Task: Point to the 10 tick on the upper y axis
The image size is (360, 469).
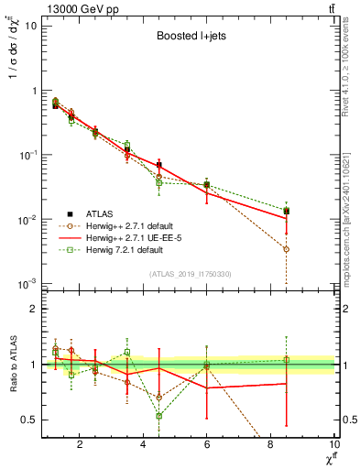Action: coord(31,26)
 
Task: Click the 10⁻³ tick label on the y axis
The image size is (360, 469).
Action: coord(27,284)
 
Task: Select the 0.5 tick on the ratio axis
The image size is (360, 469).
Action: coord(29,420)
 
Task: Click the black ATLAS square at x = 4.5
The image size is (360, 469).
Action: coord(159,166)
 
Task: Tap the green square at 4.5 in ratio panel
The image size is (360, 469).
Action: coord(159,415)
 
